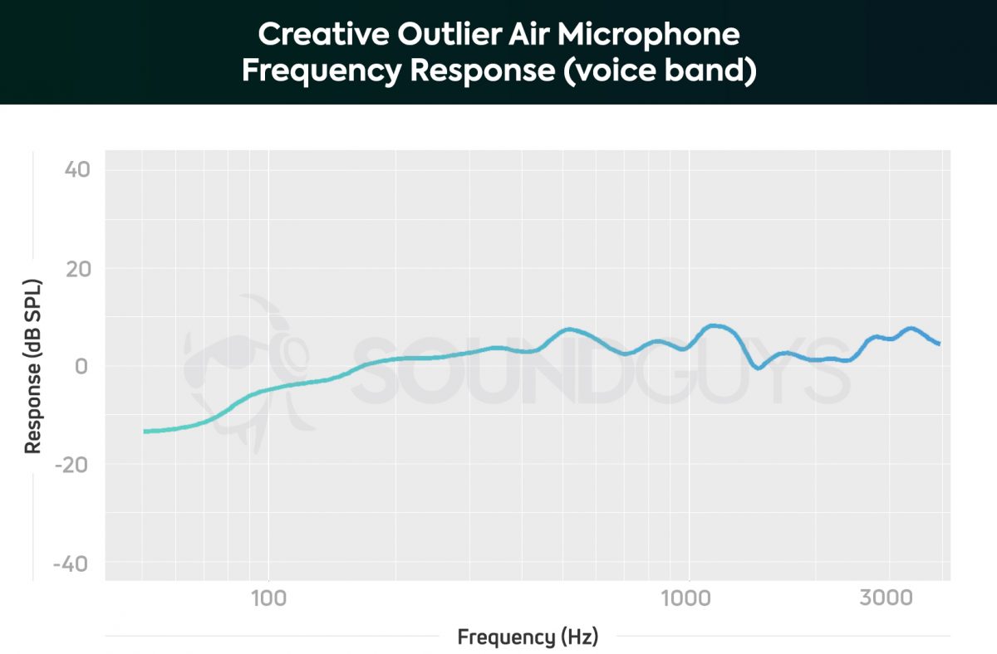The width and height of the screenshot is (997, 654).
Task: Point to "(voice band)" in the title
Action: click(658, 71)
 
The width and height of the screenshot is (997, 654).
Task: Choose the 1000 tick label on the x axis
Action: click(687, 598)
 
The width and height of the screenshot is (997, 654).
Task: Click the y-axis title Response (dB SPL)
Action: click(33, 366)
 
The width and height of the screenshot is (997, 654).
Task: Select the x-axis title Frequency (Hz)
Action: click(528, 637)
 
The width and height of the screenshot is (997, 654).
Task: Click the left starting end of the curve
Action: click(145, 432)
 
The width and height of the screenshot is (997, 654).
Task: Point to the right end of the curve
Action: click(939, 344)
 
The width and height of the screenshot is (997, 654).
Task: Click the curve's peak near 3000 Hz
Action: click(911, 329)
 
